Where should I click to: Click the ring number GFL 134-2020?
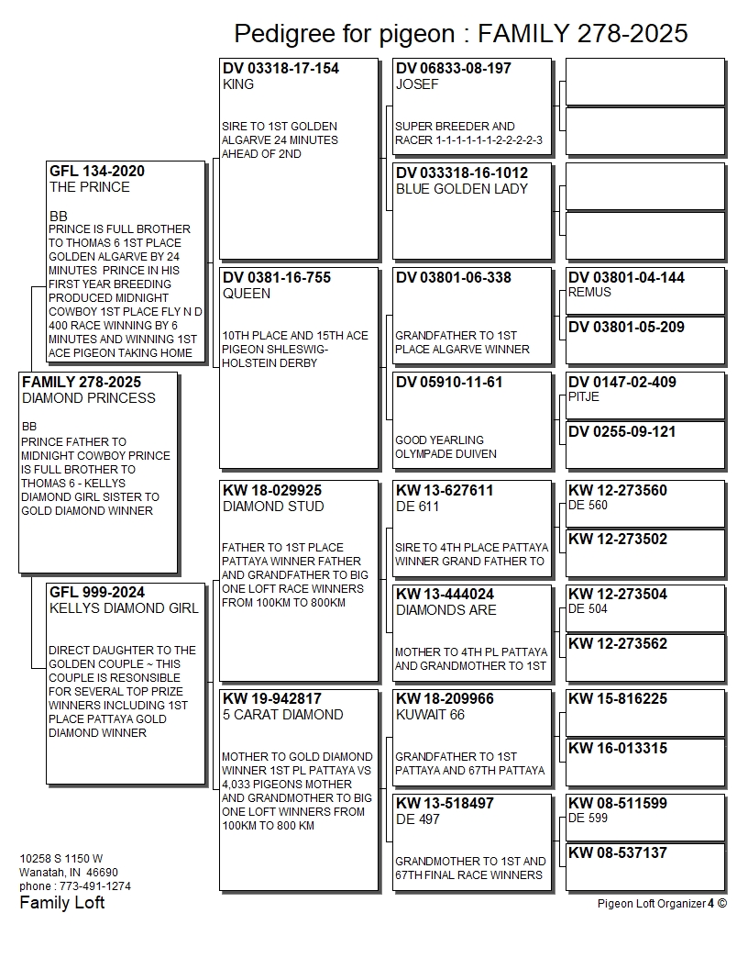point(96,172)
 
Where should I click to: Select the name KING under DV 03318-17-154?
point(238,84)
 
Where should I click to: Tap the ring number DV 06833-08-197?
point(453,69)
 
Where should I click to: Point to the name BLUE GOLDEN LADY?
point(461,189)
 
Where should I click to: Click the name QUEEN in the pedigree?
point(246,294)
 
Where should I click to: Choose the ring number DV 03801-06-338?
point(453,278)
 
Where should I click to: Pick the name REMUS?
point(589,293)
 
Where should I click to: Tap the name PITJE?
point(584,397)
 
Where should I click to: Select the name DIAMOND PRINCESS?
point(88,398)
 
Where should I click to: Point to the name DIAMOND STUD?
point(272,507)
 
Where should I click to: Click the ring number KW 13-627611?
point(445,491)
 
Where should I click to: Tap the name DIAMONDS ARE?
point(445,610)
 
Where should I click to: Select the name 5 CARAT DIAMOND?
point(282,715)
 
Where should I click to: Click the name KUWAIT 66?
point(430,715)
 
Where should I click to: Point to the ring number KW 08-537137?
point(617,853)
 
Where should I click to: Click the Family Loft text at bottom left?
point(62,903)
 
